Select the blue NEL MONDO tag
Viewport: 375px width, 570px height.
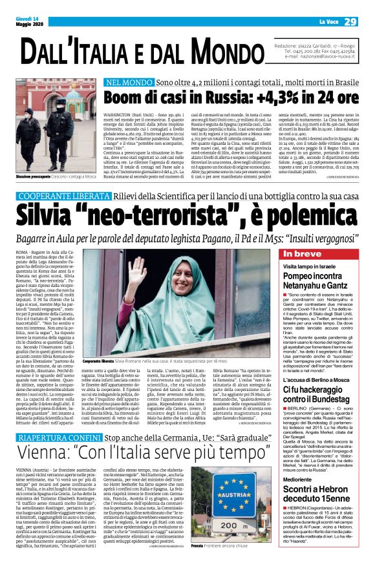129,83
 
